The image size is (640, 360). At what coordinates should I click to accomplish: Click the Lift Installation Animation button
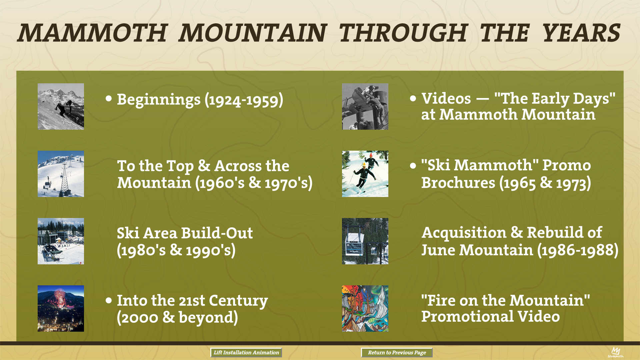tap(246, 352)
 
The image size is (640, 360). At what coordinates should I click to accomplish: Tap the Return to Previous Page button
tap(397, 352)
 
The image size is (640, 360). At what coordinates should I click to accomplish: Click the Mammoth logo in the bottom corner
tap(615, 352)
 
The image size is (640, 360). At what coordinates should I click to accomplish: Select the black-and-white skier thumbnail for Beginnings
tap(61, 106)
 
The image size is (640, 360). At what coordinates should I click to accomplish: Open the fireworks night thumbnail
tap(61, 308)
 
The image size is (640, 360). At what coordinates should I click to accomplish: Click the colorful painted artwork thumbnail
tap(365, 308)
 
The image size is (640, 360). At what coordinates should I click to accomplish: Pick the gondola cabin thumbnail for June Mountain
tap(365, 241)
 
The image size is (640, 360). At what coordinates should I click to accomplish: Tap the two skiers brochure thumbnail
tap(365, 174)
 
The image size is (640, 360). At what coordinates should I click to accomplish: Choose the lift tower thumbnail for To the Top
tap(61, 174)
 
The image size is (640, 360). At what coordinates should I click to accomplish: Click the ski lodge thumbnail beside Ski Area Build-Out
tap(61, 241)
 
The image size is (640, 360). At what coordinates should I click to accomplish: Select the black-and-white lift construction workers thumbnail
tap(365, 106)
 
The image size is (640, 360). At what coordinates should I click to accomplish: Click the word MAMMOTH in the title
tap(92, 33)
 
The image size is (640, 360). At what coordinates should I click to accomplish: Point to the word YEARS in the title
tap(581, 33)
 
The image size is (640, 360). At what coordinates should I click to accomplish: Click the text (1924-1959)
tap(244, 100)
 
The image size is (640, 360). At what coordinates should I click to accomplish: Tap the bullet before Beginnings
tap(109, 98)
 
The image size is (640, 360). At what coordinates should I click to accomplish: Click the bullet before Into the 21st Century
tap(109, 300)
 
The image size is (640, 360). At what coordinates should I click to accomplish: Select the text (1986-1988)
tap(578, 250)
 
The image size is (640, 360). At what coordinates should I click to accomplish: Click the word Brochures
tap(458, 183)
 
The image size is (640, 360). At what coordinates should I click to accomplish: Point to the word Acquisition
tap(464, 233)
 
